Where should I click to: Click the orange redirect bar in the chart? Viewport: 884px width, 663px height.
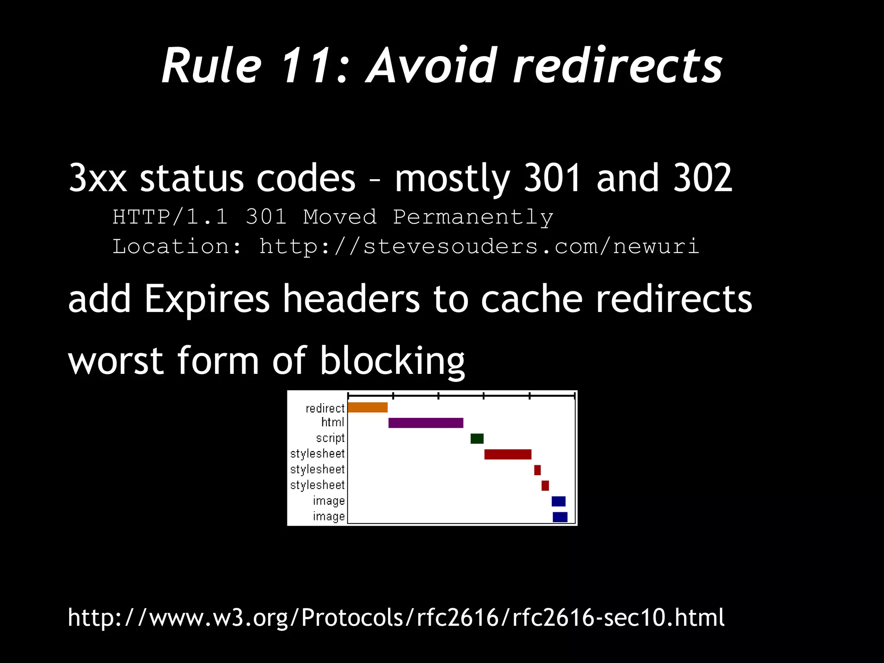click(x=368, y=407)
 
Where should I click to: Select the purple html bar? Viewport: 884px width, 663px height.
click(x=426, y=423)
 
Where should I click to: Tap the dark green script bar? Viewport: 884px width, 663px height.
click(x=477, y=439)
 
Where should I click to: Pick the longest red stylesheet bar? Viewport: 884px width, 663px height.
click(x=508, y=454)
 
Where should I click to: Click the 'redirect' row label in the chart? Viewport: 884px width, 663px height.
click(x=325, y=408)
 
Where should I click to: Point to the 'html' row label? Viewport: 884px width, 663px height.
click(x=333, y=422)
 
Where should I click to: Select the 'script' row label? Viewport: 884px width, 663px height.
click(x=330, y=438)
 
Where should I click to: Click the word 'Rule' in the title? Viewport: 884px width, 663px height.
click(x=212, y=66)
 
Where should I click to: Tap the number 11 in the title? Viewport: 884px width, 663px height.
click(x=308, y=66)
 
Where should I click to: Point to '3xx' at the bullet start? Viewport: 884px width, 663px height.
click(x=98, y=178)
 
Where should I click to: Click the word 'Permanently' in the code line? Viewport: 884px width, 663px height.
click(x=473, y=217)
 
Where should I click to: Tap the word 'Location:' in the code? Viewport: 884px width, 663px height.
click(x=177, y=247)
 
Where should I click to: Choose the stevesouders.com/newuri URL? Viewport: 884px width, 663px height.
click(x=479, y=247)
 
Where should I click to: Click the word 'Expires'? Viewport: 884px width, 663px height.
click(x=207, y=300)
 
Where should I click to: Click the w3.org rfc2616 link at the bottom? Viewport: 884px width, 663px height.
click(x=396, y=617)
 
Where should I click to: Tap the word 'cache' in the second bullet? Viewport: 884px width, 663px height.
click(x=532, y=300)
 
